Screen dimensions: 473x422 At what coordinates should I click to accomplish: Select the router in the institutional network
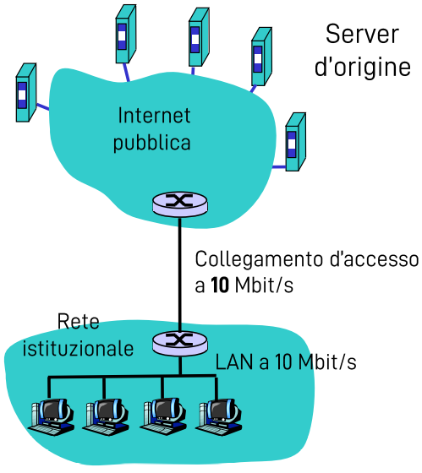coord(179,342)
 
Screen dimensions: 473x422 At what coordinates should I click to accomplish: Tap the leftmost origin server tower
coord(26,92)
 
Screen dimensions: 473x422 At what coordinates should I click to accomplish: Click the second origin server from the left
coord(125,35)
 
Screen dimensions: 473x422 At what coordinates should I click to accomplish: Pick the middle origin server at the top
coord(197,38)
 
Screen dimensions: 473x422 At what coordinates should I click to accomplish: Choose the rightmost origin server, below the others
coord(293,141)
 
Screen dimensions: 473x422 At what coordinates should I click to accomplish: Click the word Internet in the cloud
coord(154,115)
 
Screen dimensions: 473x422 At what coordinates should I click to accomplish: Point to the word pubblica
coord(152,141)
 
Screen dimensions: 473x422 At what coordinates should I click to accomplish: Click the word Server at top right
coord(362,35)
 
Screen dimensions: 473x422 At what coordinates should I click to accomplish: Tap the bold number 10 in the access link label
coord(219,285)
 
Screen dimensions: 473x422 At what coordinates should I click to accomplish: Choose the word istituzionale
coord(78,348)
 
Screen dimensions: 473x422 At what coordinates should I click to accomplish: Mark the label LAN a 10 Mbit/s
coord(286,362)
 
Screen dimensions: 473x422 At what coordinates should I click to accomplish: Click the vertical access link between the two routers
coord(179,270)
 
